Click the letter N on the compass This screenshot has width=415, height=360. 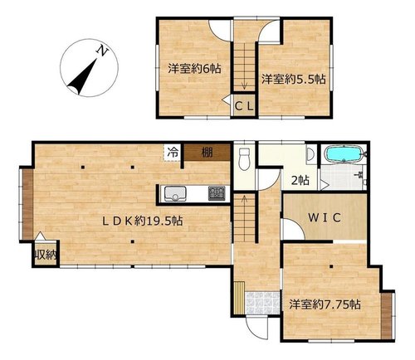[x=102, y=51]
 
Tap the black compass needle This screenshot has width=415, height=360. [x=82, y=77]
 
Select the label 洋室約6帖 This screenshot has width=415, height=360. [x=194, y=68]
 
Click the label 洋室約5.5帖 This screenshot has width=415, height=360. [x=294, y=80]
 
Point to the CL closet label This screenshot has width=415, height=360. [x=244, y=106]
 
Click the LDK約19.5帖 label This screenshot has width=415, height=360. [x=142, y=221]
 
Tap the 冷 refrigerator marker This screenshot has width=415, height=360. [x=173, y=153]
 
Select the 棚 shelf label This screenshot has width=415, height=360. [x=207, y=152]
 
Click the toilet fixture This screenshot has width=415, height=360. [x=244, y=159]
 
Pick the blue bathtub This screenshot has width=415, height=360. [x=344, y=155]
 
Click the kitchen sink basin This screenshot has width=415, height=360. [x=175, y=193]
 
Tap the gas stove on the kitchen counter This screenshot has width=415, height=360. [x=217, y=193]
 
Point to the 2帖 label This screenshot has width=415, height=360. [x=300, y=181]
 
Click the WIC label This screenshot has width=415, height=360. [x=325, y=218]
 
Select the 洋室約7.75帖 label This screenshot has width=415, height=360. [x=325, y=304]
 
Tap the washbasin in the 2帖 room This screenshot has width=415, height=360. [x=310, y=153]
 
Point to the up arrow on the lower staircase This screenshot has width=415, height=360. [x=244, y=202]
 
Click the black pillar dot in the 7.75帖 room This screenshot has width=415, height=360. [x=331, y=267]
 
